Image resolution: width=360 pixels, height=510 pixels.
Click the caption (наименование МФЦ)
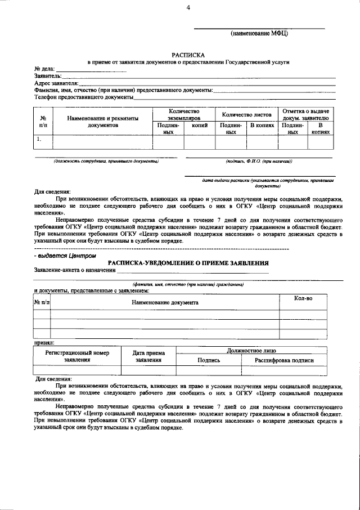pyautogui.click(x=259, y=34)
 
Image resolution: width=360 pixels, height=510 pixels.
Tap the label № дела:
pyautogui.click(x=45, y=69)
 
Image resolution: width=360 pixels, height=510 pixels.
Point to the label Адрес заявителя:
pyautogui.click(x=56, y=83)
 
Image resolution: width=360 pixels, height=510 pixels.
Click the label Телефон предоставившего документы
pyautogui.click(x=83, y=97)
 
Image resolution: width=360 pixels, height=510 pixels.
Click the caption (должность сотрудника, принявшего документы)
pyautogui.click(x=106, y=161)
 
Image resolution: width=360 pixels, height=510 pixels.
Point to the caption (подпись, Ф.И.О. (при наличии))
pyautogui.click(x=259, y=161)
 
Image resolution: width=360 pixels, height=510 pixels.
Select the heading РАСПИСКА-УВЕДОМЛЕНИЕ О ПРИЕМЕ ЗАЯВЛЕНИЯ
pyautogui.click(x=188, y=263)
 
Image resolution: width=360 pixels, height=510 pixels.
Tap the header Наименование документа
pyautogui.click(x=165, y=302)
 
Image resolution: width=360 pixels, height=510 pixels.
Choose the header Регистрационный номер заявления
pyautogui.click(x=77, y=356)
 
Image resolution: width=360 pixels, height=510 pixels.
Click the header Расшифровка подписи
pyautogui.click(x=284, y=360)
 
